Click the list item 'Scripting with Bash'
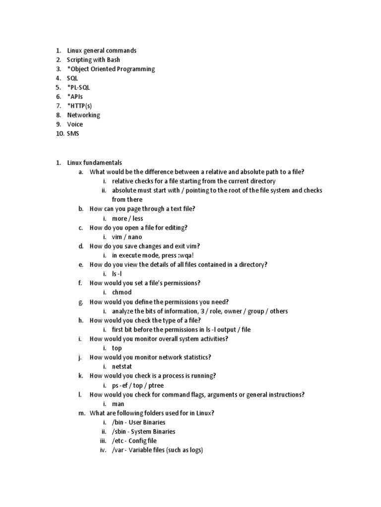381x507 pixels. pos(93,60)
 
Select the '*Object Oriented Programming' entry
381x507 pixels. pos(111,69)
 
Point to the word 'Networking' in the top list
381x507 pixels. pos(83,115)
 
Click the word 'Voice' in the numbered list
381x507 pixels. pos(75,124)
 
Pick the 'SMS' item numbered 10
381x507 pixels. pos(73,134)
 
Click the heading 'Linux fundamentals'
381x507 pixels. pos(94,163)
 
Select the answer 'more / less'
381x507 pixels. pos(127,218)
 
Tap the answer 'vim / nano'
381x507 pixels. pos(127,237)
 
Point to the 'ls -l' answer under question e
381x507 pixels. pos(117,274)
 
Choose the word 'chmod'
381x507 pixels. pos(122,293)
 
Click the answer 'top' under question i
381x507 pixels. pos(117,348)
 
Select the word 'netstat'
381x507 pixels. pos(122,367)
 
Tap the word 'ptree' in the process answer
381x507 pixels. pos(157,385)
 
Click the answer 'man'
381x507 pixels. pos(118,404)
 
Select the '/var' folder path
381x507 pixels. pos(118,450)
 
